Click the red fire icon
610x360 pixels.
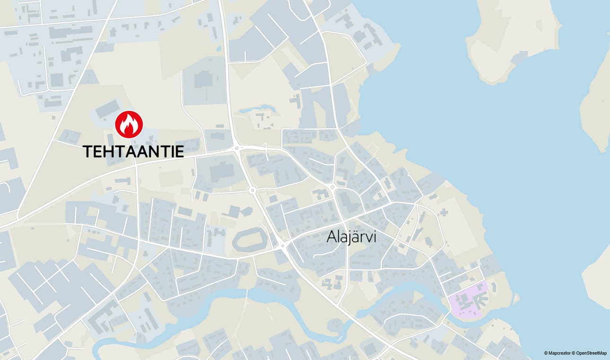point(129,124)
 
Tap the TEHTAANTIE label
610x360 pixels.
point(133,151)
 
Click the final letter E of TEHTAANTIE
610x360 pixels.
point(179,151)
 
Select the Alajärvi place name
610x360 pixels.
point(351,237)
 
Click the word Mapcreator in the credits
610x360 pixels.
point(558,353)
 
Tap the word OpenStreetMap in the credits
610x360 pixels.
point(591,353)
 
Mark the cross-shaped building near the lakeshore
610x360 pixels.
point(443,212)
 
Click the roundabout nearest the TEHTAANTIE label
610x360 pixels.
point(236,149)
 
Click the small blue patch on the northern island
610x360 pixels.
point(519,57)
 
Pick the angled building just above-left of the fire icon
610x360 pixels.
point(107,109)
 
